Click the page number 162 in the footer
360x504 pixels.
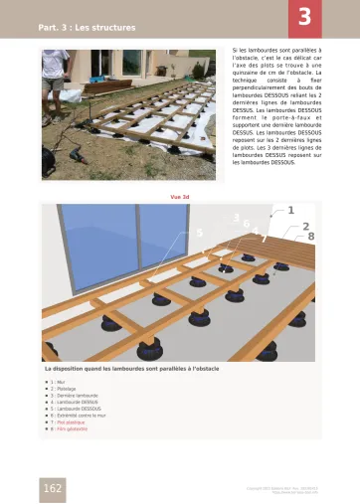53,487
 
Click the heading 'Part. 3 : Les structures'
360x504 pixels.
87,28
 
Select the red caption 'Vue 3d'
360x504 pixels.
180,196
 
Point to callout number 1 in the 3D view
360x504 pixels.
290,210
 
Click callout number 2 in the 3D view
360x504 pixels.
305,227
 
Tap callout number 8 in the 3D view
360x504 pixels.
310,237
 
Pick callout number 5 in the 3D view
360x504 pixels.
200,233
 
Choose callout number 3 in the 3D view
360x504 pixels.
236,217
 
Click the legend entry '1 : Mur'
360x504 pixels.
58,381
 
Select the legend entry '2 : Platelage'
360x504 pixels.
63,388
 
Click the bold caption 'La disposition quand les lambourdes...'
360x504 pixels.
129,369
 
